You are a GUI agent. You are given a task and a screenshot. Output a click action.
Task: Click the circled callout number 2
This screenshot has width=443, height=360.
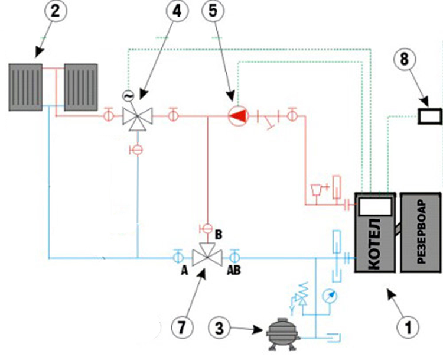(56, 11)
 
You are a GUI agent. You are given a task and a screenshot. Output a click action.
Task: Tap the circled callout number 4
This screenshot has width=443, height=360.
(177, 11)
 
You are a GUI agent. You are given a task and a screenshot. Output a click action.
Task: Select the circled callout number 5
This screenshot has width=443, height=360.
(213, 11)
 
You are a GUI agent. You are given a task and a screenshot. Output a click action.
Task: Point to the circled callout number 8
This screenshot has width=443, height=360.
(405, 59)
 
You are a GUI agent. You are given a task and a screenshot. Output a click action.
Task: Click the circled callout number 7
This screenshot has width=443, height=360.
(183, 327)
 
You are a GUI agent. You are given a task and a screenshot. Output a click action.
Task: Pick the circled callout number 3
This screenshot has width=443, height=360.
(220, 328)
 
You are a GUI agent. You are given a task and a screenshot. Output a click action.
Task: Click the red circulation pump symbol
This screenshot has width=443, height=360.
(238, 116)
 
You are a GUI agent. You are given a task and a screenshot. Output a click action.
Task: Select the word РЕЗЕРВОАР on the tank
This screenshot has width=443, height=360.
(421, 232)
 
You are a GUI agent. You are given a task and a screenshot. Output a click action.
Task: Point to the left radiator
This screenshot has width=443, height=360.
(25, 87)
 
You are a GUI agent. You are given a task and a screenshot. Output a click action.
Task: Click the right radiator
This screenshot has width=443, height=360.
(81, 87)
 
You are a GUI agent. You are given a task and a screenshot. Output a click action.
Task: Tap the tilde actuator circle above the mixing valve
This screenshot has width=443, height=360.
(128, 96)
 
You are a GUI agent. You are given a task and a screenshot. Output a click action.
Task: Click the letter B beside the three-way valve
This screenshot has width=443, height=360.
(219, 235)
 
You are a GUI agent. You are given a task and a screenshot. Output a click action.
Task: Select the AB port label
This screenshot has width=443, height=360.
(234, 270)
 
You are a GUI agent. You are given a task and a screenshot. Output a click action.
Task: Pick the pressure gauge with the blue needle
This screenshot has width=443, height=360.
(330, 296)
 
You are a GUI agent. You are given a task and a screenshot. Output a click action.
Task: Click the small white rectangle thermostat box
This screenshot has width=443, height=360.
(430, 116)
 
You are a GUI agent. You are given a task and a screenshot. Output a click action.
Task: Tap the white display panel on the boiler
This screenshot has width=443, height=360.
(374, 206)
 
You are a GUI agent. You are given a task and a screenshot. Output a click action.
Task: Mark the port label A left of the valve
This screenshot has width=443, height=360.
(184, 271)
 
